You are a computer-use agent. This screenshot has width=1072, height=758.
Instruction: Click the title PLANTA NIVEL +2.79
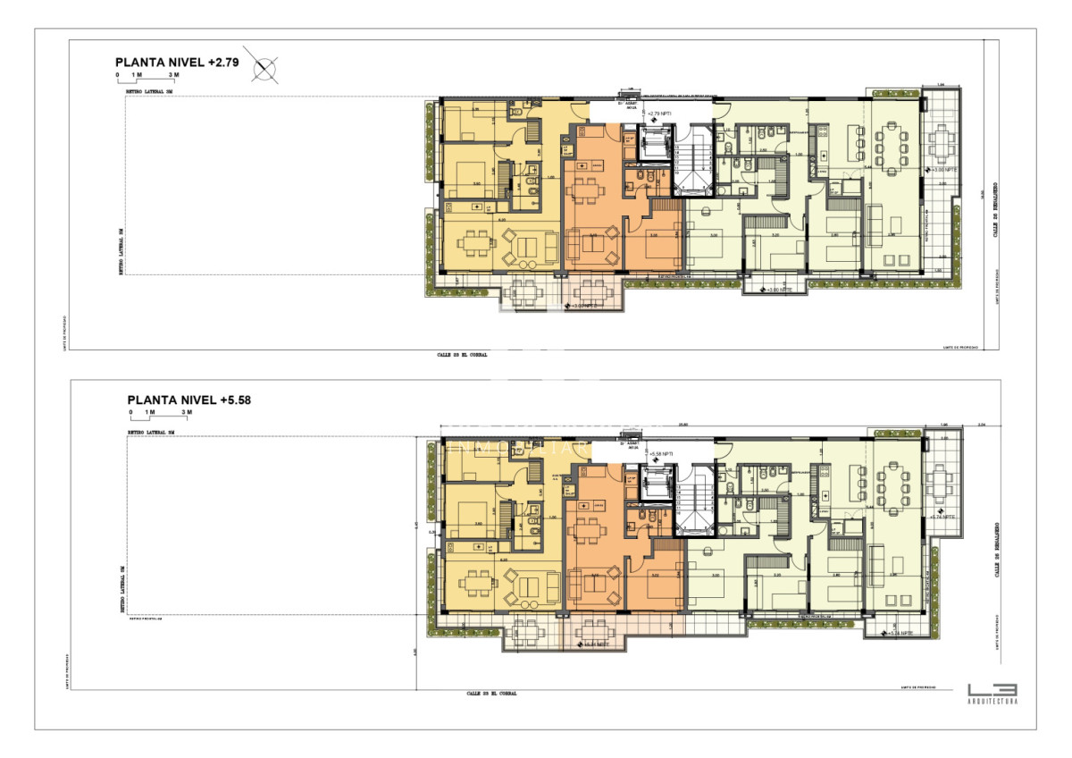click(177, 63)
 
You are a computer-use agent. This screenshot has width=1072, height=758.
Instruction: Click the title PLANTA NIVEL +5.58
click(189, 400)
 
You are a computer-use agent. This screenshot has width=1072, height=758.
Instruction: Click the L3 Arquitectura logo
click(992, 694)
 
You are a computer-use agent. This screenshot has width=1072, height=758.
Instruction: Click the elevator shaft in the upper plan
click(657, 142)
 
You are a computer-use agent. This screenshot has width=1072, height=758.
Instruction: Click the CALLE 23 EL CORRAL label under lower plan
click(491, 693)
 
